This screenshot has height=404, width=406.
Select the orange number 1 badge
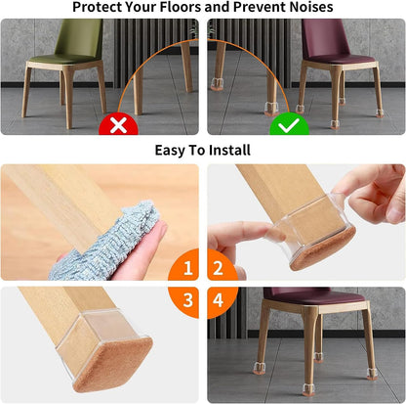point(183,266)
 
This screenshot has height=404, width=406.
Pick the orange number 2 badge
point(221,266)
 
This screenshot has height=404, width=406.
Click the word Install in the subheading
point(227,150)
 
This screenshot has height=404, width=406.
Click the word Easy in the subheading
point(174,150)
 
